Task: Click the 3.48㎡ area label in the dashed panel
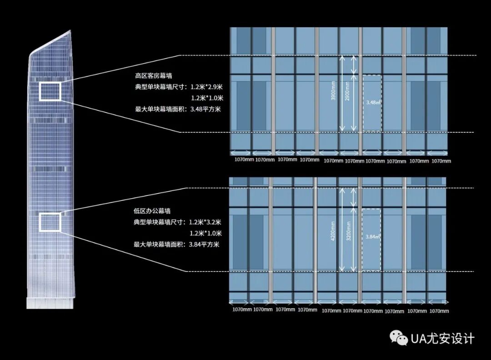pyautogui.click(x=373, y=103)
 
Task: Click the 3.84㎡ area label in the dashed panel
pyautogui.click(x=372, y=237)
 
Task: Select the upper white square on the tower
pyautogui.click(x=50, y=91)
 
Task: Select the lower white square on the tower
pyautogui.click(x=50, y=222)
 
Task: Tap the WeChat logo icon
pyautogui.click(x=399, y=338)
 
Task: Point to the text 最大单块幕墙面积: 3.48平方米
pyautogui.click(x=178, y=109)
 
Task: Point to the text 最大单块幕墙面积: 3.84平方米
pyautogui.click(x=176, y=245)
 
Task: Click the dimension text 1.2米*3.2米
pyautogui.click(x=205, y=222)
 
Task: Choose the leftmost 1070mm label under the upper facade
pyautogui.click(x=241, y=160)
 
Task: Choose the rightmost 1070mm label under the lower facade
pyautogui.click(x=439, y=311)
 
